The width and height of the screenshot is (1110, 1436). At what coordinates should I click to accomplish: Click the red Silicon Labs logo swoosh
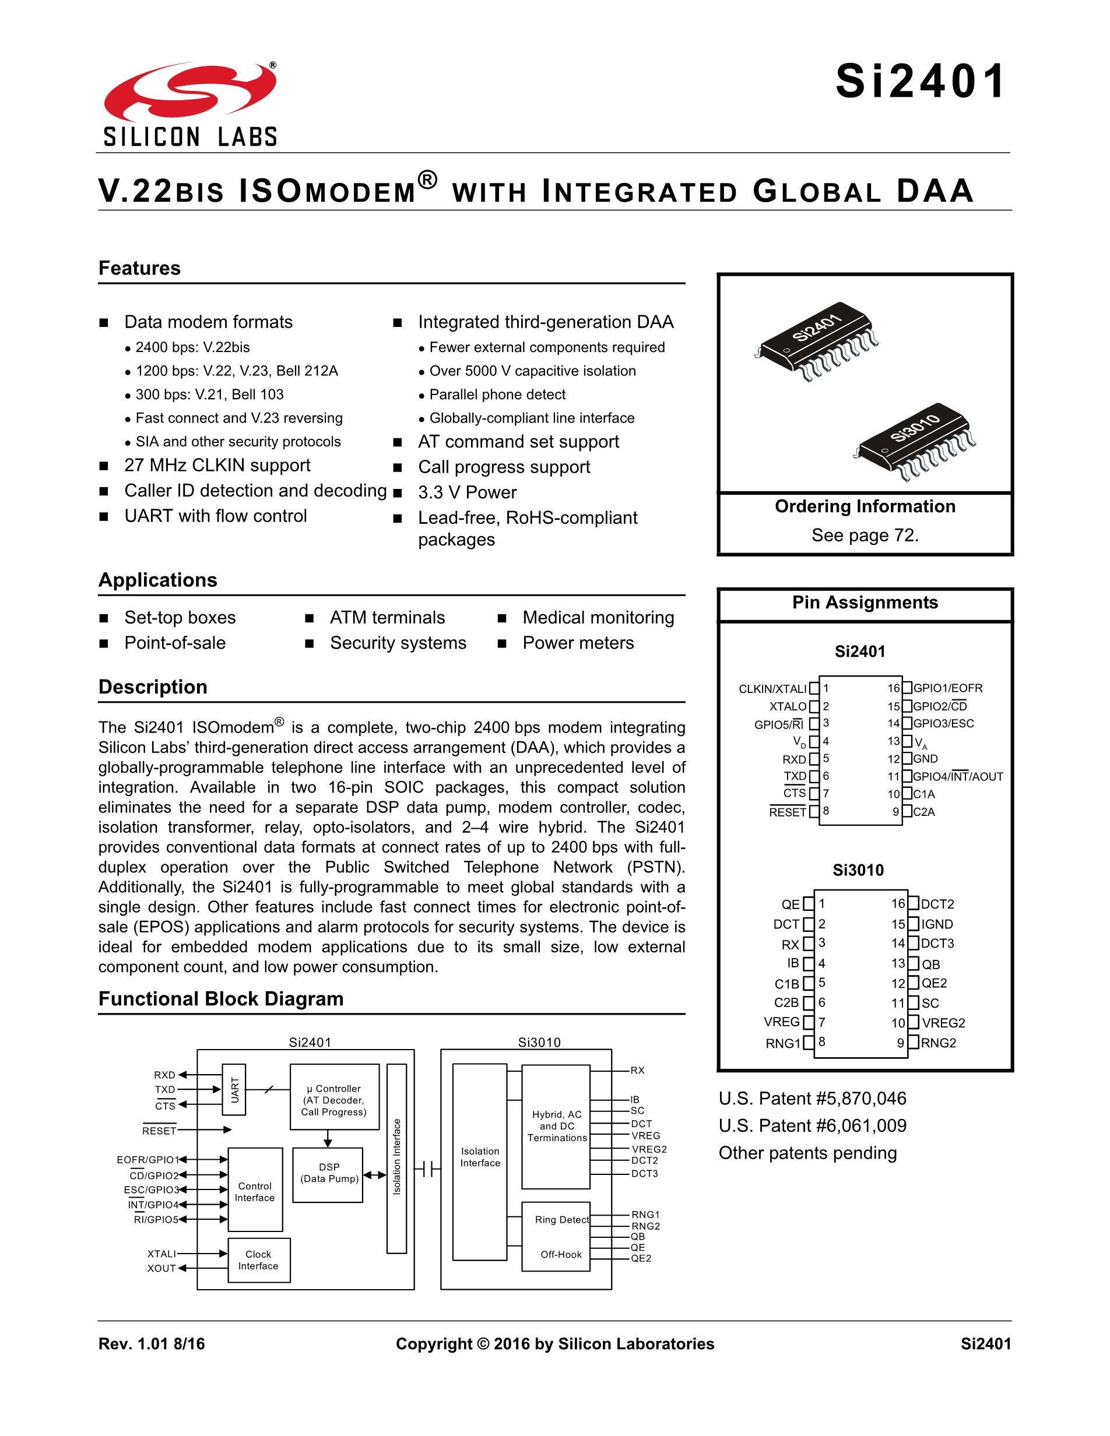coord(189,92)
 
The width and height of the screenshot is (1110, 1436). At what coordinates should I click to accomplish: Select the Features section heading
coord(139,268)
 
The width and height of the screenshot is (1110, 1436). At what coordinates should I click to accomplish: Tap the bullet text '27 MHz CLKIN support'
coord(217,466)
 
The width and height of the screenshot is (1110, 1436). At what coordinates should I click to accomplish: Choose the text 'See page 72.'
coord(865,535)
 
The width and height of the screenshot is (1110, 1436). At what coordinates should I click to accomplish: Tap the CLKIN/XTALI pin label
coord(772,689)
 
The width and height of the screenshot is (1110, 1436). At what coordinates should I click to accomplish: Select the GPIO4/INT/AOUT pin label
coord(958,776)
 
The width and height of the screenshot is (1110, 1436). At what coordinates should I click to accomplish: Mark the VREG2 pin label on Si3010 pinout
coord(943,1023)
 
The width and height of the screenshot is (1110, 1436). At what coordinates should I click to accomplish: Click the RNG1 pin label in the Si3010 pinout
coord(782,1043)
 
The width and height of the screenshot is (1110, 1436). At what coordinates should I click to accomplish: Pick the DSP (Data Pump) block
coord(328,1175)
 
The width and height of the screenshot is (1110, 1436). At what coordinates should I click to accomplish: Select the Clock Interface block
coord(258,1261)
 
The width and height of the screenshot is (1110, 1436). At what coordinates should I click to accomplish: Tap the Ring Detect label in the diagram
coord(561,1220)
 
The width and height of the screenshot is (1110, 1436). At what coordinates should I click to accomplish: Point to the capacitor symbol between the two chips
coord(427,1169)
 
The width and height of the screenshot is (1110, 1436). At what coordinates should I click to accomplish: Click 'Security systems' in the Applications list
coord(398,643)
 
